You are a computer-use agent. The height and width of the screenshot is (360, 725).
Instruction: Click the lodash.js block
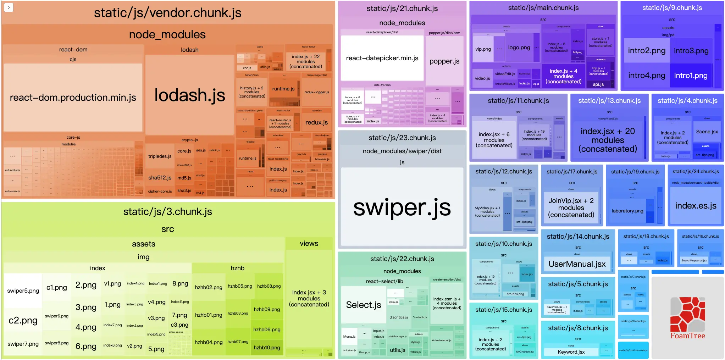tap(189, 95)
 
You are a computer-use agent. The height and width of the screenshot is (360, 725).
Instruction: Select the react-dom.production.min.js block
tap(73, 98)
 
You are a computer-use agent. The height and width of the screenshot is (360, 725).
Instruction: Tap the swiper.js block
tap(402, 207)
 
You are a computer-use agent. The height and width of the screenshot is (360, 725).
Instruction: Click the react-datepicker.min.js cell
tap(382, 58)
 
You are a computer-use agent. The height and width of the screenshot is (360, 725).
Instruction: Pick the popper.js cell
tap(444, 61)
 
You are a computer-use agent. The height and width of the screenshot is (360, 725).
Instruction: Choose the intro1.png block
tap(691, 76)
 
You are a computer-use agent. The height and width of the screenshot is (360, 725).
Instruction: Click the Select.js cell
tap(364, 305)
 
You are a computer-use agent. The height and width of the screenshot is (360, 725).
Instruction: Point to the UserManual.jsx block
tap(577, 264)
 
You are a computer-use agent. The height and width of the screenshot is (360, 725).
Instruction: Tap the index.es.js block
tap(696, 206)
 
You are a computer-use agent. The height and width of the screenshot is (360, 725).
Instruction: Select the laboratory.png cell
tap(627, 211)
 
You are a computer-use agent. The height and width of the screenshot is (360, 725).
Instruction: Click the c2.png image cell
tap(23, 320)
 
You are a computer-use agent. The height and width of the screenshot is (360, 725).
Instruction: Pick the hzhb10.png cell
tap(267, 348)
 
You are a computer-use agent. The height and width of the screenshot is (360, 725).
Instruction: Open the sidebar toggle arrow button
tap(9, 7)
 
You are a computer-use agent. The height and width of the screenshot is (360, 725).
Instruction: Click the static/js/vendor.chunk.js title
tap(167, 13)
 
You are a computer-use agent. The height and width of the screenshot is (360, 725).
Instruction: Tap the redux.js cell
tap(316, 122)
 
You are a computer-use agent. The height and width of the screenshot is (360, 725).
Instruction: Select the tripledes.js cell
tap(160, 156)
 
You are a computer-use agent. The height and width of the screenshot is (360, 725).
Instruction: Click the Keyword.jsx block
tap(571, 352)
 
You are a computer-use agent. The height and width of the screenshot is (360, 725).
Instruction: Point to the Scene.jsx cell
tap(707, 132)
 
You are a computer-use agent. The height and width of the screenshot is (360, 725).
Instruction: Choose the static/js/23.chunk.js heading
tap(402, 138)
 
